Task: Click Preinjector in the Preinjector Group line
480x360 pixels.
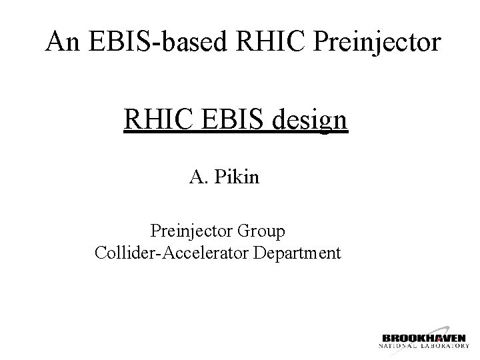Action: click(191, 232)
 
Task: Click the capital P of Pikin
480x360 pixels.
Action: click(219, 177)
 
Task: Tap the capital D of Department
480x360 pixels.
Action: click(263, 253)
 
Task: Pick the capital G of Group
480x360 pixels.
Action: click(243, 232)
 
